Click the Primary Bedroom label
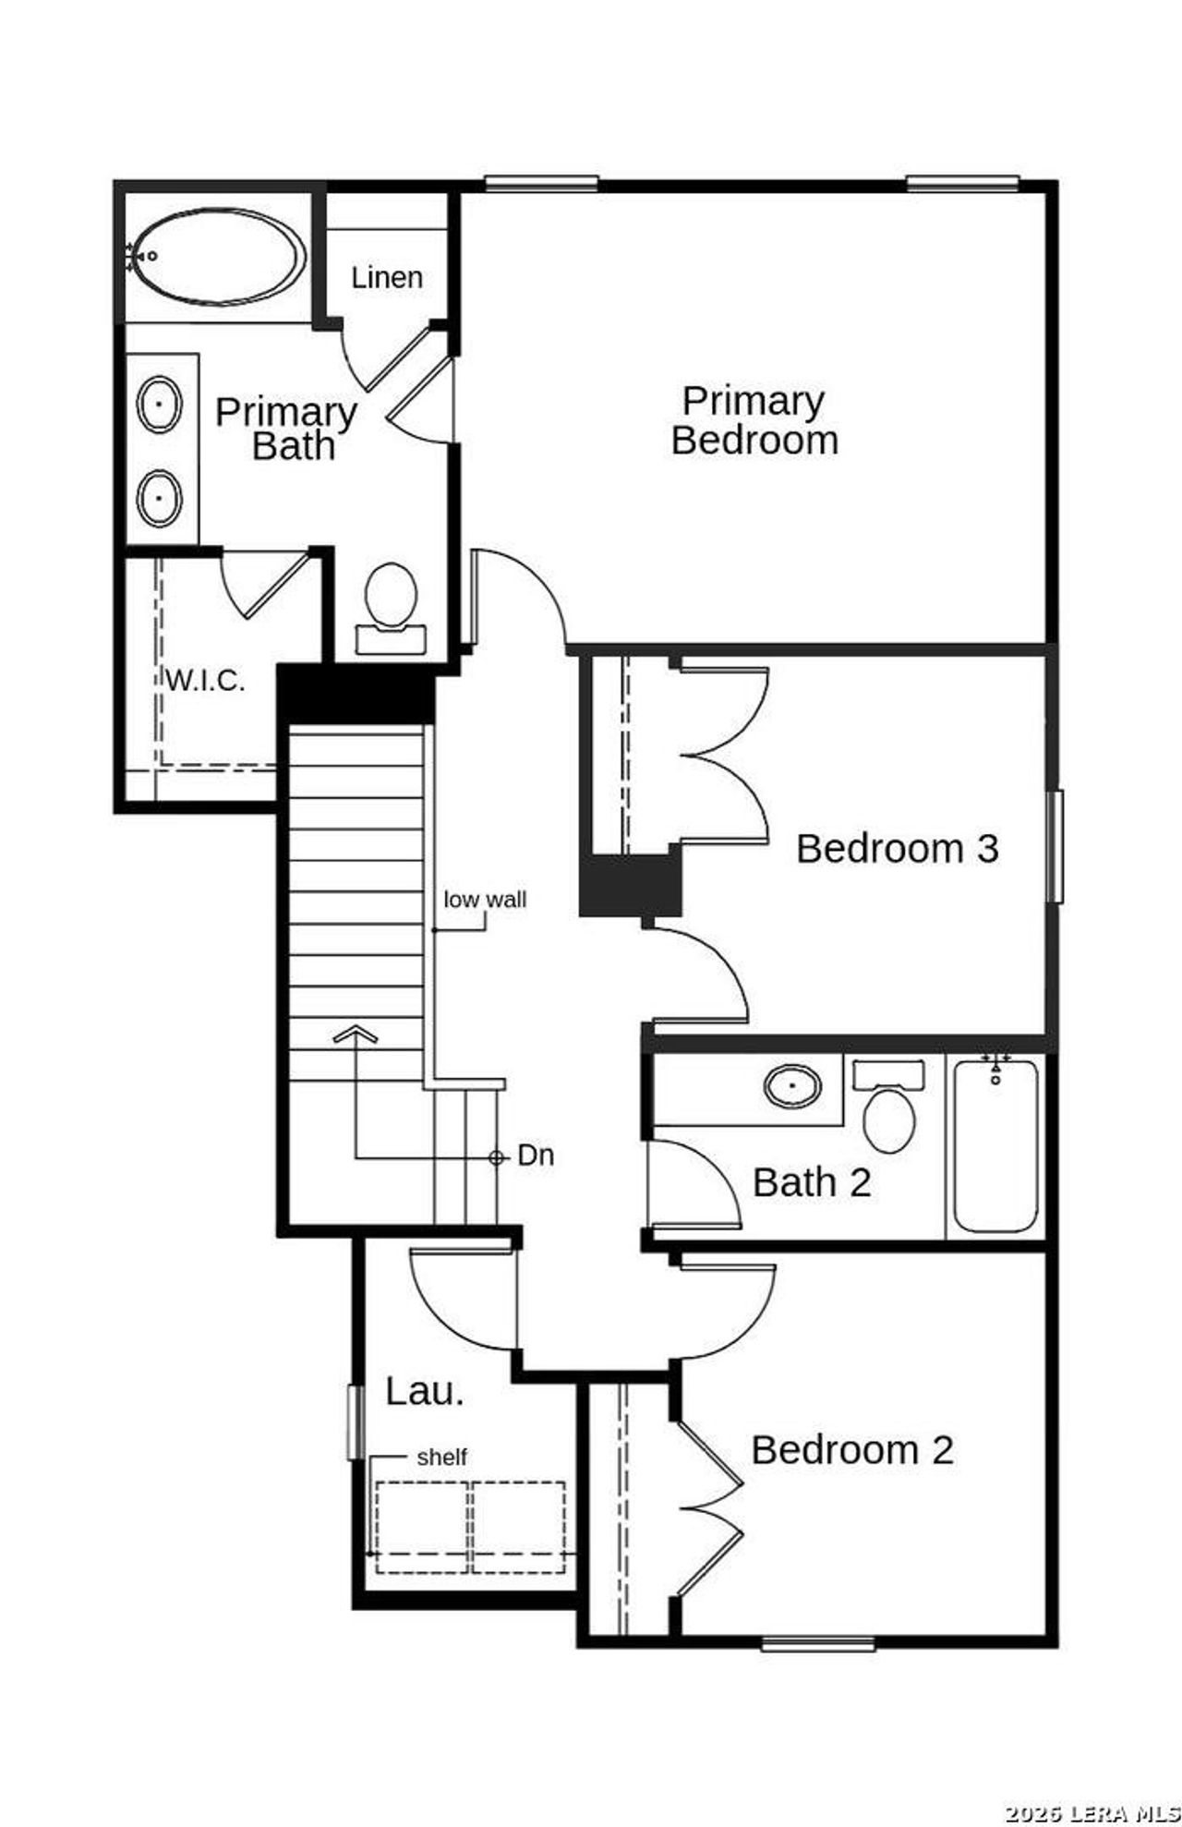(x=754, y=420)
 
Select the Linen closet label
(x=387, y=277)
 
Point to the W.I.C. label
(x=205, y=681)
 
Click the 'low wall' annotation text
(x=485, y=899)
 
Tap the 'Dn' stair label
(x=536, y=1155)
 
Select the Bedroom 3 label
(x=897, y=848)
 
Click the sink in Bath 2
(x=792, y=1085)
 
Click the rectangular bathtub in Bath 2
(x=995, y=1145)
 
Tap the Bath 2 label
(x=812, y=1182)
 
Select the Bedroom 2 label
(x=851, y=1449)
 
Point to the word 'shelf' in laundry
(x=441, y=1457)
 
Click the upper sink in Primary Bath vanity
(x=160, y=403)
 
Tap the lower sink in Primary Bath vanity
(x=160, y=498)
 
